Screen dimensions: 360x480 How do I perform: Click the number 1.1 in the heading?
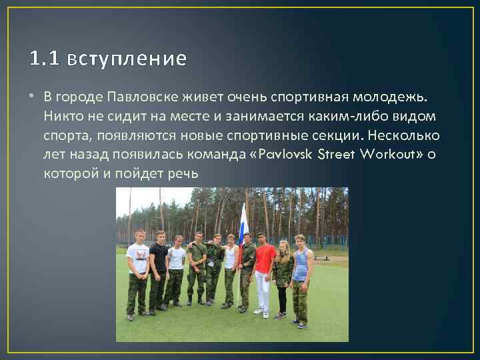tap(45, 59)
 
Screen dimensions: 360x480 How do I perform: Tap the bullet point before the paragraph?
tap(33, 97)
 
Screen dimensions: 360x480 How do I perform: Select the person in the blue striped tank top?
tap(301, 267)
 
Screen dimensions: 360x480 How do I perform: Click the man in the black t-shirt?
tap(158, 263)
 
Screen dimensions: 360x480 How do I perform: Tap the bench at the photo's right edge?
tap(337, 253)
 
